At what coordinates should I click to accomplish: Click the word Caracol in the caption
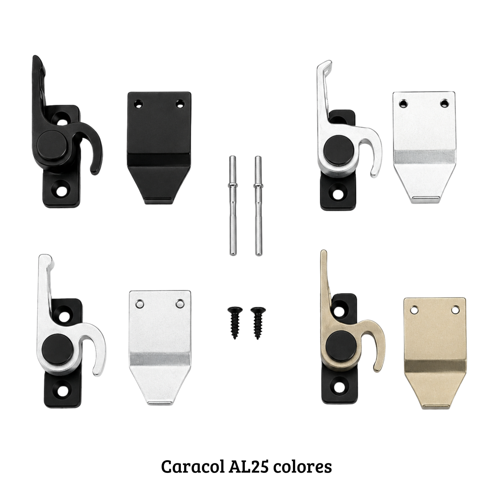(192, 466)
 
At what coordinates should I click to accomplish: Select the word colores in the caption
(302, 466)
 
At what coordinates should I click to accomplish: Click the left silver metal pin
(233, 205)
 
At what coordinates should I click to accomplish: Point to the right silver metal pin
(258, 205)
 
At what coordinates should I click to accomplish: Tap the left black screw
(234, 323)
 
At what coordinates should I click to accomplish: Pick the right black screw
(258, 323)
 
